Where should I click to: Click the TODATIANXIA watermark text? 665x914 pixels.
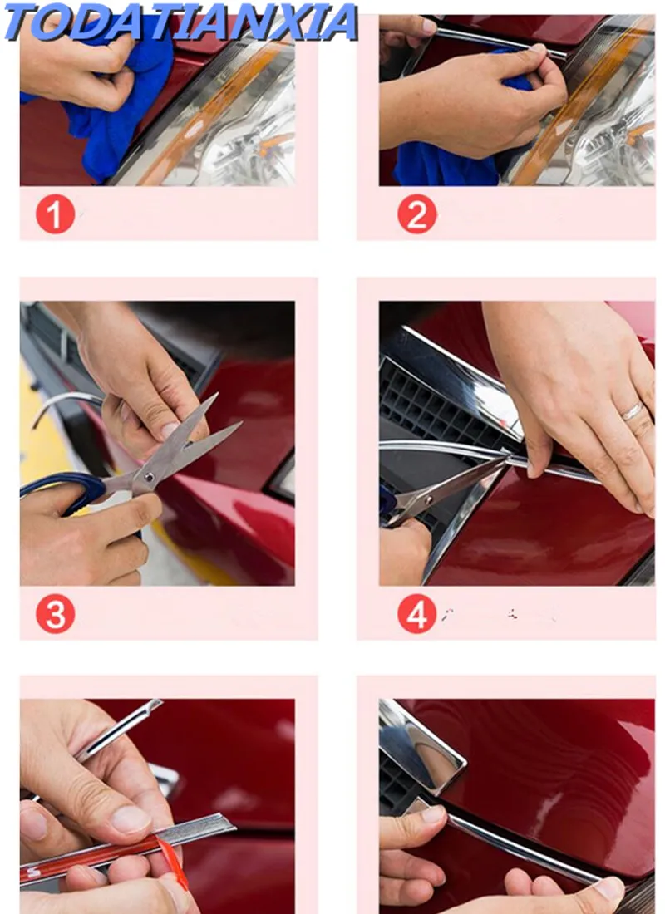click(x=181, y=22)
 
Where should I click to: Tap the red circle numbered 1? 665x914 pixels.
click(x=56, y=214)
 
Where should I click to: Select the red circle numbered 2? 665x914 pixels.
click(x=416, y=214)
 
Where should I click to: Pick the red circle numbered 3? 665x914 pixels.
click(x=56, y=614)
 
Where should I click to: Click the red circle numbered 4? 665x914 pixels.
click(x=416, y=614)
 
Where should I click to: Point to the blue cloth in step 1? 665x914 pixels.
click(x=111, y=116)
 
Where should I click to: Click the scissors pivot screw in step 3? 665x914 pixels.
click(x=150, y=477)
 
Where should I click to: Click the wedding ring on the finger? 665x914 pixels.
click(x=633, y=411)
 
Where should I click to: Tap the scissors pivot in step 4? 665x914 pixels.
click(x=430, y=499)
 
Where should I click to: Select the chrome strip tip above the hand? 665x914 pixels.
click(x=156, y=703)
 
